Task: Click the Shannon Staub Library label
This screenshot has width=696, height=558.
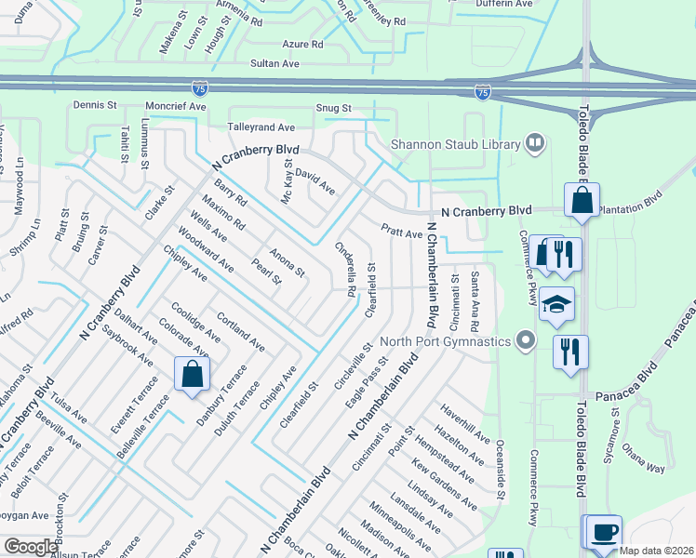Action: tap(454, 144)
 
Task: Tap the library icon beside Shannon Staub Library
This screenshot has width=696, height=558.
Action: tap(534, 143)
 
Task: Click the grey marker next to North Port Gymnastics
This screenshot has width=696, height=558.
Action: tap(527, 340)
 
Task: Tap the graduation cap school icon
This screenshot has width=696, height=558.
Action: tap(557, 305)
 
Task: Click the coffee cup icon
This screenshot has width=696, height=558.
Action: tap(604, 531)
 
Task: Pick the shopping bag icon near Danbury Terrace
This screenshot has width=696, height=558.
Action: tap(192, 374)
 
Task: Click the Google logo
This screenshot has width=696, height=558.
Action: tap(31, 547)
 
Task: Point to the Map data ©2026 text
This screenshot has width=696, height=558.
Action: tap(657, 551)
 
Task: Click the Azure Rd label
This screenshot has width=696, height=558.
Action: tap(302, 44)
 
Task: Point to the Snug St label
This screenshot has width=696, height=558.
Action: tap(332, 109)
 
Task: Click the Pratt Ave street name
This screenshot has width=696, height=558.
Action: tap(402, 230)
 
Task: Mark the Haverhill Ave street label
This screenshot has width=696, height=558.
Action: tap(465, 423)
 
